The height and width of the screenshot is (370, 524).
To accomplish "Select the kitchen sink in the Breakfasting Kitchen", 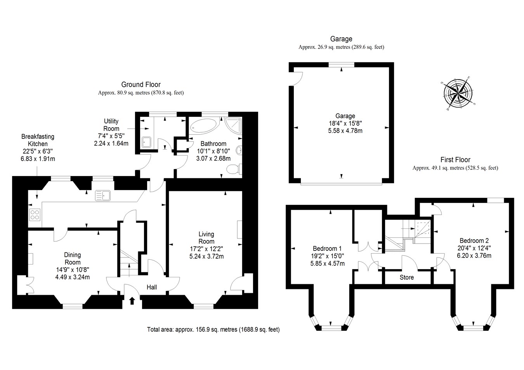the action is tap(103, 195).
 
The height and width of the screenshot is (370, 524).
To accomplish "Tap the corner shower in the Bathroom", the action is tap(234, 125).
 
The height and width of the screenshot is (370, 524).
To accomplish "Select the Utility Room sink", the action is tap(146, 142).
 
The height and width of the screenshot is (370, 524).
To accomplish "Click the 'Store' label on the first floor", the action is tap(406, 277).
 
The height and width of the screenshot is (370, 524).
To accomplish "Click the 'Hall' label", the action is tap(152, 287).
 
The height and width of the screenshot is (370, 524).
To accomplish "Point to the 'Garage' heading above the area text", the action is tap(341, 39).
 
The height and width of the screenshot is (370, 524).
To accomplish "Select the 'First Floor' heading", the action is tap(455, 160).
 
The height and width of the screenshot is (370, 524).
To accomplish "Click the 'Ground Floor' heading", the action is tap(141, 85).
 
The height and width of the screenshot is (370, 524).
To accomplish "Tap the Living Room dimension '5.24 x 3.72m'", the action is tap(206, 256).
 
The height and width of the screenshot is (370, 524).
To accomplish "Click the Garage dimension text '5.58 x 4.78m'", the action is tap(345, 131).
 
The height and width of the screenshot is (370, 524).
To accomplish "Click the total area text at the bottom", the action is tap(213, 330).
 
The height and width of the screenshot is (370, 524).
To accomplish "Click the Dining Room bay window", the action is tap(73, 306).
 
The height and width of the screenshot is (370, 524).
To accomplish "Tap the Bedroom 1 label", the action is tap(327, 249).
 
